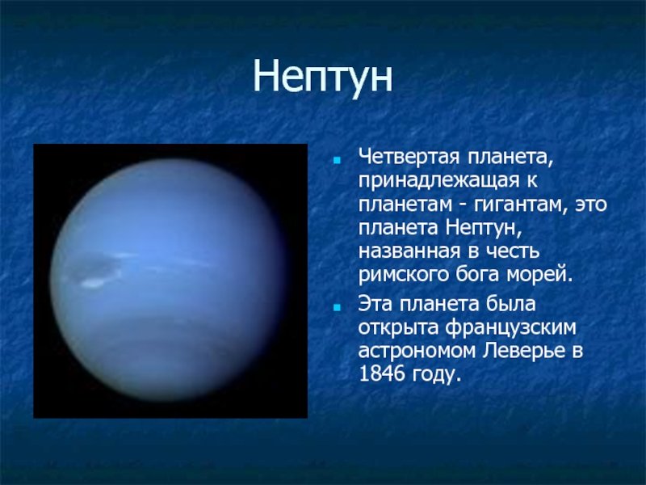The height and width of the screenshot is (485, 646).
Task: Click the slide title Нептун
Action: pyautogui.click(x=322, y=78)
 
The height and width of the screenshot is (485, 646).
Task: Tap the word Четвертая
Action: pyautogui.click(x=409, y=157)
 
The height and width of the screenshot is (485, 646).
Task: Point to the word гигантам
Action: pyautogui.click(x=518, y=205)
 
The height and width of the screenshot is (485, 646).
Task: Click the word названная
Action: pyautogui.click(x=409, y=251)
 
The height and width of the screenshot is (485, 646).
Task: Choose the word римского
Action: pyautogui.click(x=403, y=275)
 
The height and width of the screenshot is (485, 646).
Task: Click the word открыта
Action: pyautogui.click(x=397, y=328)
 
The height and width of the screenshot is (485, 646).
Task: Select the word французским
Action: pyautogui.click(x=510, y=328)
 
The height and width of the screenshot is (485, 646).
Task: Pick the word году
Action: pyautogui.click(x=435, y=375)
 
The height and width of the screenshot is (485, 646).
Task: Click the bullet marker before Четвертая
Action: pyautogui.click(x=338, y=160)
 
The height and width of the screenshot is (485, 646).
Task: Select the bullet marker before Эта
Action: pyautogui.click(x=338, y=307)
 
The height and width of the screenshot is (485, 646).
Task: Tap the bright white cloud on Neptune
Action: pyautogui.click(x=93, y=283)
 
